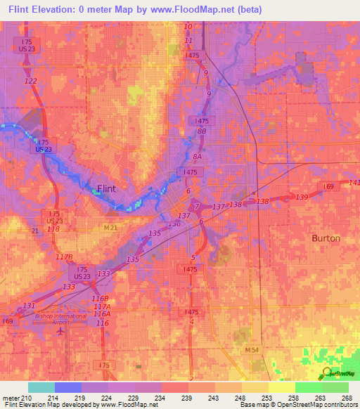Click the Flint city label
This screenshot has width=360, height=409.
pos(105,188)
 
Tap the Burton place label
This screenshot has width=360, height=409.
pos(326,238)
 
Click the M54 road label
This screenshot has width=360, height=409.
pos(252,349)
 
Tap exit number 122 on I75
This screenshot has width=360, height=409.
pos(30,82)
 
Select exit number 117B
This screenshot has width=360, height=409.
pos(65,257)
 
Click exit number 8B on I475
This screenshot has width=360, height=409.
pos(202,131)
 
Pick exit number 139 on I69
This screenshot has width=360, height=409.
pos(302,197)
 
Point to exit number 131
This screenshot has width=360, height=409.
pos(28,306)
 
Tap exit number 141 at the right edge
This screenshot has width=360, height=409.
pos(354,183)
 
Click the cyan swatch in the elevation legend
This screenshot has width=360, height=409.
pos(41,387)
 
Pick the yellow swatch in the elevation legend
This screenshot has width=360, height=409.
pos(281,387)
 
